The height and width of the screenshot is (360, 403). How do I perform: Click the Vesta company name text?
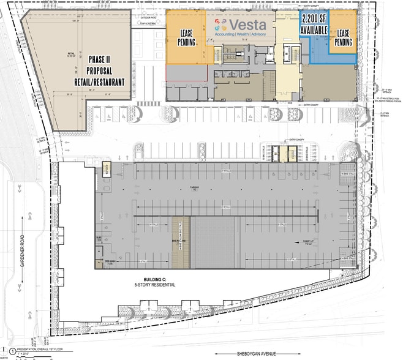pyautogui.click(x=249, y=25)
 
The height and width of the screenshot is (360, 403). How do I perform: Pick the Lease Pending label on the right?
pyautogui.click(x=344, y=39)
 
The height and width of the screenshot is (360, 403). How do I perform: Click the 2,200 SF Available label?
pyautogui.click(x=314, y=24)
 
